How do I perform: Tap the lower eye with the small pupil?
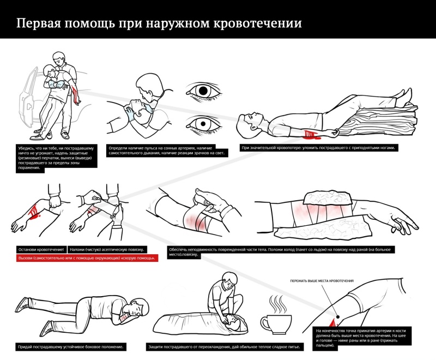pyautogui.click(x=204, y=125)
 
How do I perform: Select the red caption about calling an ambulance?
pyautogui.click(x=84, y=258)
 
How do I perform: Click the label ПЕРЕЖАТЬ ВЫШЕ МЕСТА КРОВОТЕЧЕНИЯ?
pyautogui.click(x=322, y=281)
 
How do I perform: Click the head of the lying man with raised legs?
pyautogui.click(x=251, y=121)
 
